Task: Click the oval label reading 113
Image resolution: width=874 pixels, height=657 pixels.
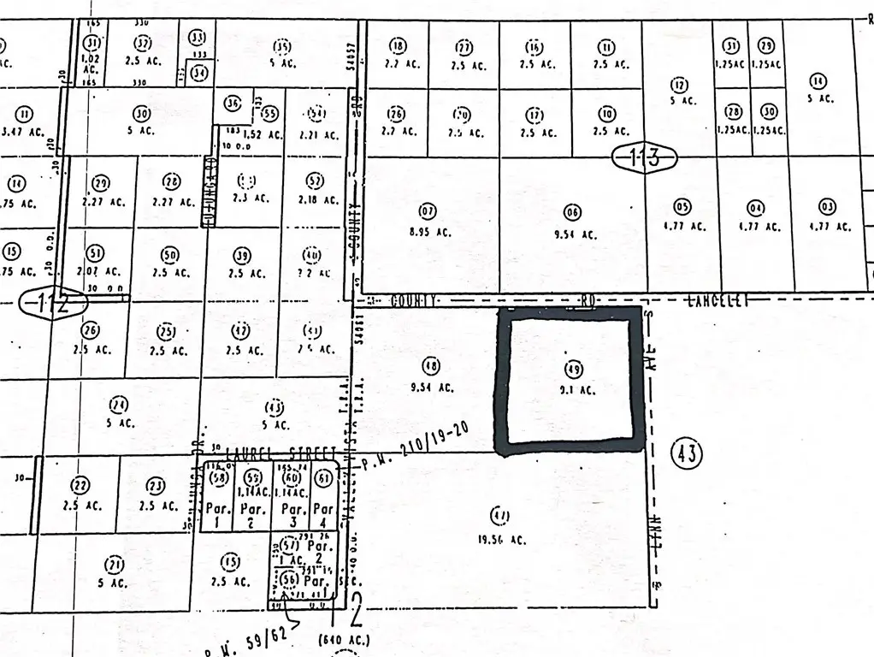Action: tap(644, 157)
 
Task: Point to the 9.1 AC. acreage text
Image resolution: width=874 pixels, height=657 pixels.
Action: tap(573, 390)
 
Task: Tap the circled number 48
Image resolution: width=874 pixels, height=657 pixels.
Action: tap(431, 366)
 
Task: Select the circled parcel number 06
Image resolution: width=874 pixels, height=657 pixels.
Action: tap(572, 211)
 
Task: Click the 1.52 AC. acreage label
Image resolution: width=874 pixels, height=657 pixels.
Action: tap(263, 133)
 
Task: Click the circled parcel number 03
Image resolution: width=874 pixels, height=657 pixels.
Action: tap(826, 206)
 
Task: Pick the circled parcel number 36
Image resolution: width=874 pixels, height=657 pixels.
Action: tap(232, 104)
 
